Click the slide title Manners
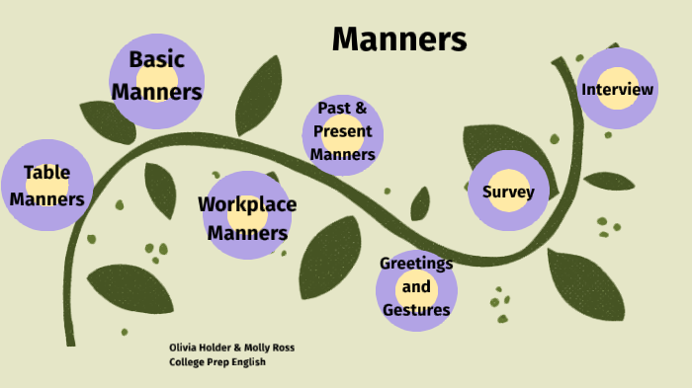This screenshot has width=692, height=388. pyautogui.click(x=399, y=39)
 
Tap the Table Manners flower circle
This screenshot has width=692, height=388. pyautogui.click(x=47, y=186)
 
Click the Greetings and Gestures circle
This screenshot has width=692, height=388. pyautogui.click(x=416, y=287)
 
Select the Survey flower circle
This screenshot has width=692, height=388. pyautogui.click(x=508, y=192)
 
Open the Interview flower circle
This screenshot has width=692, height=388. pyautogui.click(x=618, y=90)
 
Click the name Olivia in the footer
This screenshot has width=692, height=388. pyautogui.click(x=183, y=348)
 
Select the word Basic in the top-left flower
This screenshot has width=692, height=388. pyautogui.click(x=157, y=59)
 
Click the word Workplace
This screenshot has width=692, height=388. pyautogui.click(x=247, y=204)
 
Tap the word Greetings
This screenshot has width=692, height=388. pyautogui.click(x=416, y=264)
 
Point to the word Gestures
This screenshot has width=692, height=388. pyautogui.click(x=416, y=310)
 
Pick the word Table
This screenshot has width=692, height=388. pyautogui.click(x=47, y=173)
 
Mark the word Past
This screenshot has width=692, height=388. pyautogui.click(x=331, y=108)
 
